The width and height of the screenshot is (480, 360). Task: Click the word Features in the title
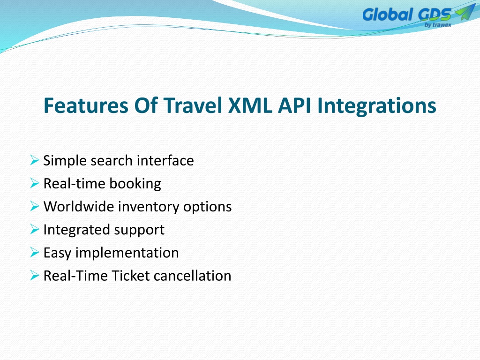point(86,105)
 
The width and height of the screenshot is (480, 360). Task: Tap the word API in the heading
point(294,105)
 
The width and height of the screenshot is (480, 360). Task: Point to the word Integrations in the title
point(376,106)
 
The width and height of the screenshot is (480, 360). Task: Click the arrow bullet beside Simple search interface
point(35,160)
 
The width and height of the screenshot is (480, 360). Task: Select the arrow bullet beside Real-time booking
point(35,183)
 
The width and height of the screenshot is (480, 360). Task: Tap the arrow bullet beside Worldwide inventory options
point(35,206)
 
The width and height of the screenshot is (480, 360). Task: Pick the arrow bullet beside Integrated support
point(35,229)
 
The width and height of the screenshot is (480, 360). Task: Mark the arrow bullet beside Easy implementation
point(35,252)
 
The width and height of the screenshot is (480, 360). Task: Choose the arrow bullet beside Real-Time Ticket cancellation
point(35,276)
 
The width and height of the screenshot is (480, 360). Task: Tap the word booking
point(135,184)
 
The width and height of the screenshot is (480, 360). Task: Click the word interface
point(165,160)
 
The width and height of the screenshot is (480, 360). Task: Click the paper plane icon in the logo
point(465,12)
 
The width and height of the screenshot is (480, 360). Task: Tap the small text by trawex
point(438,25)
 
